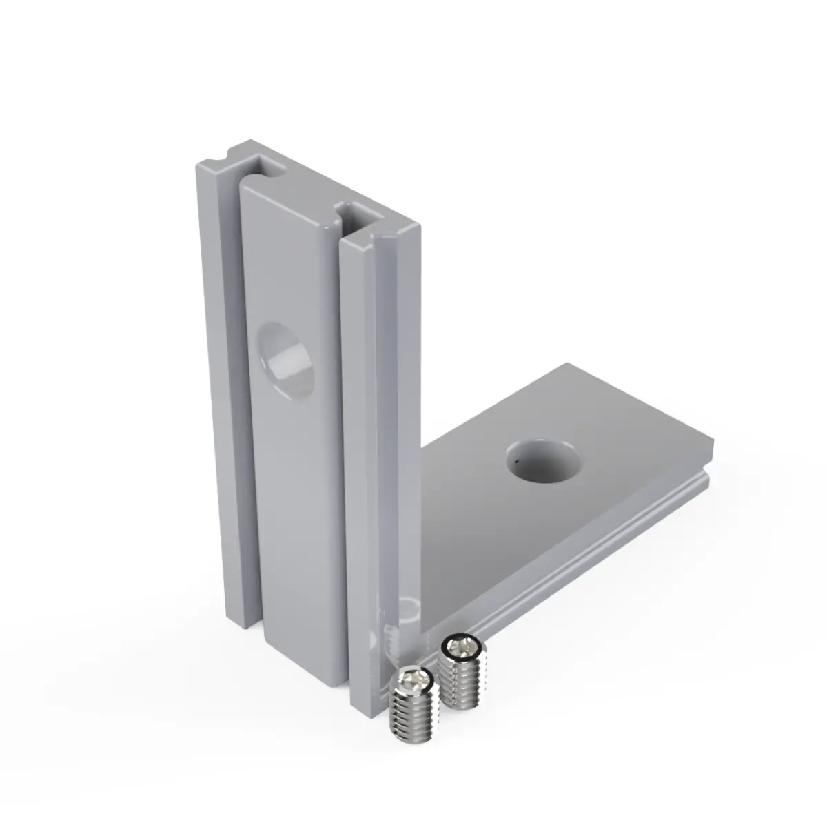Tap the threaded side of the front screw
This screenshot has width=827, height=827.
pos(412,720)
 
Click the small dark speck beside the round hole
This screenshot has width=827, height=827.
pos(515,456)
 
